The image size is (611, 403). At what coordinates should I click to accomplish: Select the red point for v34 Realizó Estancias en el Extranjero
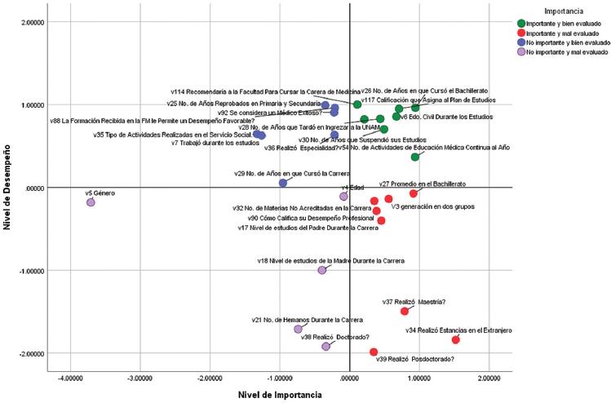click(456, 340)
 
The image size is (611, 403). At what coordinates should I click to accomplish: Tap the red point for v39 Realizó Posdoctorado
click(374, 352)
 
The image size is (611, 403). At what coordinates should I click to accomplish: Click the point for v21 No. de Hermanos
click(298, 329)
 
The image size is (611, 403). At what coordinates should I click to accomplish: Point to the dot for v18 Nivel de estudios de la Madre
click(322, 270)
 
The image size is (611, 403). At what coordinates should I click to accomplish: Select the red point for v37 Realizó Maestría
click(405, 312)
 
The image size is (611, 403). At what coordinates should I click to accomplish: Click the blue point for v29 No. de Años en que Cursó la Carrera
click(283, 183)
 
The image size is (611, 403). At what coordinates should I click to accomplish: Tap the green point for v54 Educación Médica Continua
click(415, 157)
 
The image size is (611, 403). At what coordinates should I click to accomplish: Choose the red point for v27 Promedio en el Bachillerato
click(414, 193)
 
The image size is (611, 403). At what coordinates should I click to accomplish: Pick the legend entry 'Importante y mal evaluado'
click(566, 33)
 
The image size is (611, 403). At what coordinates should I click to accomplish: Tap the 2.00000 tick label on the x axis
click(489, 379)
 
